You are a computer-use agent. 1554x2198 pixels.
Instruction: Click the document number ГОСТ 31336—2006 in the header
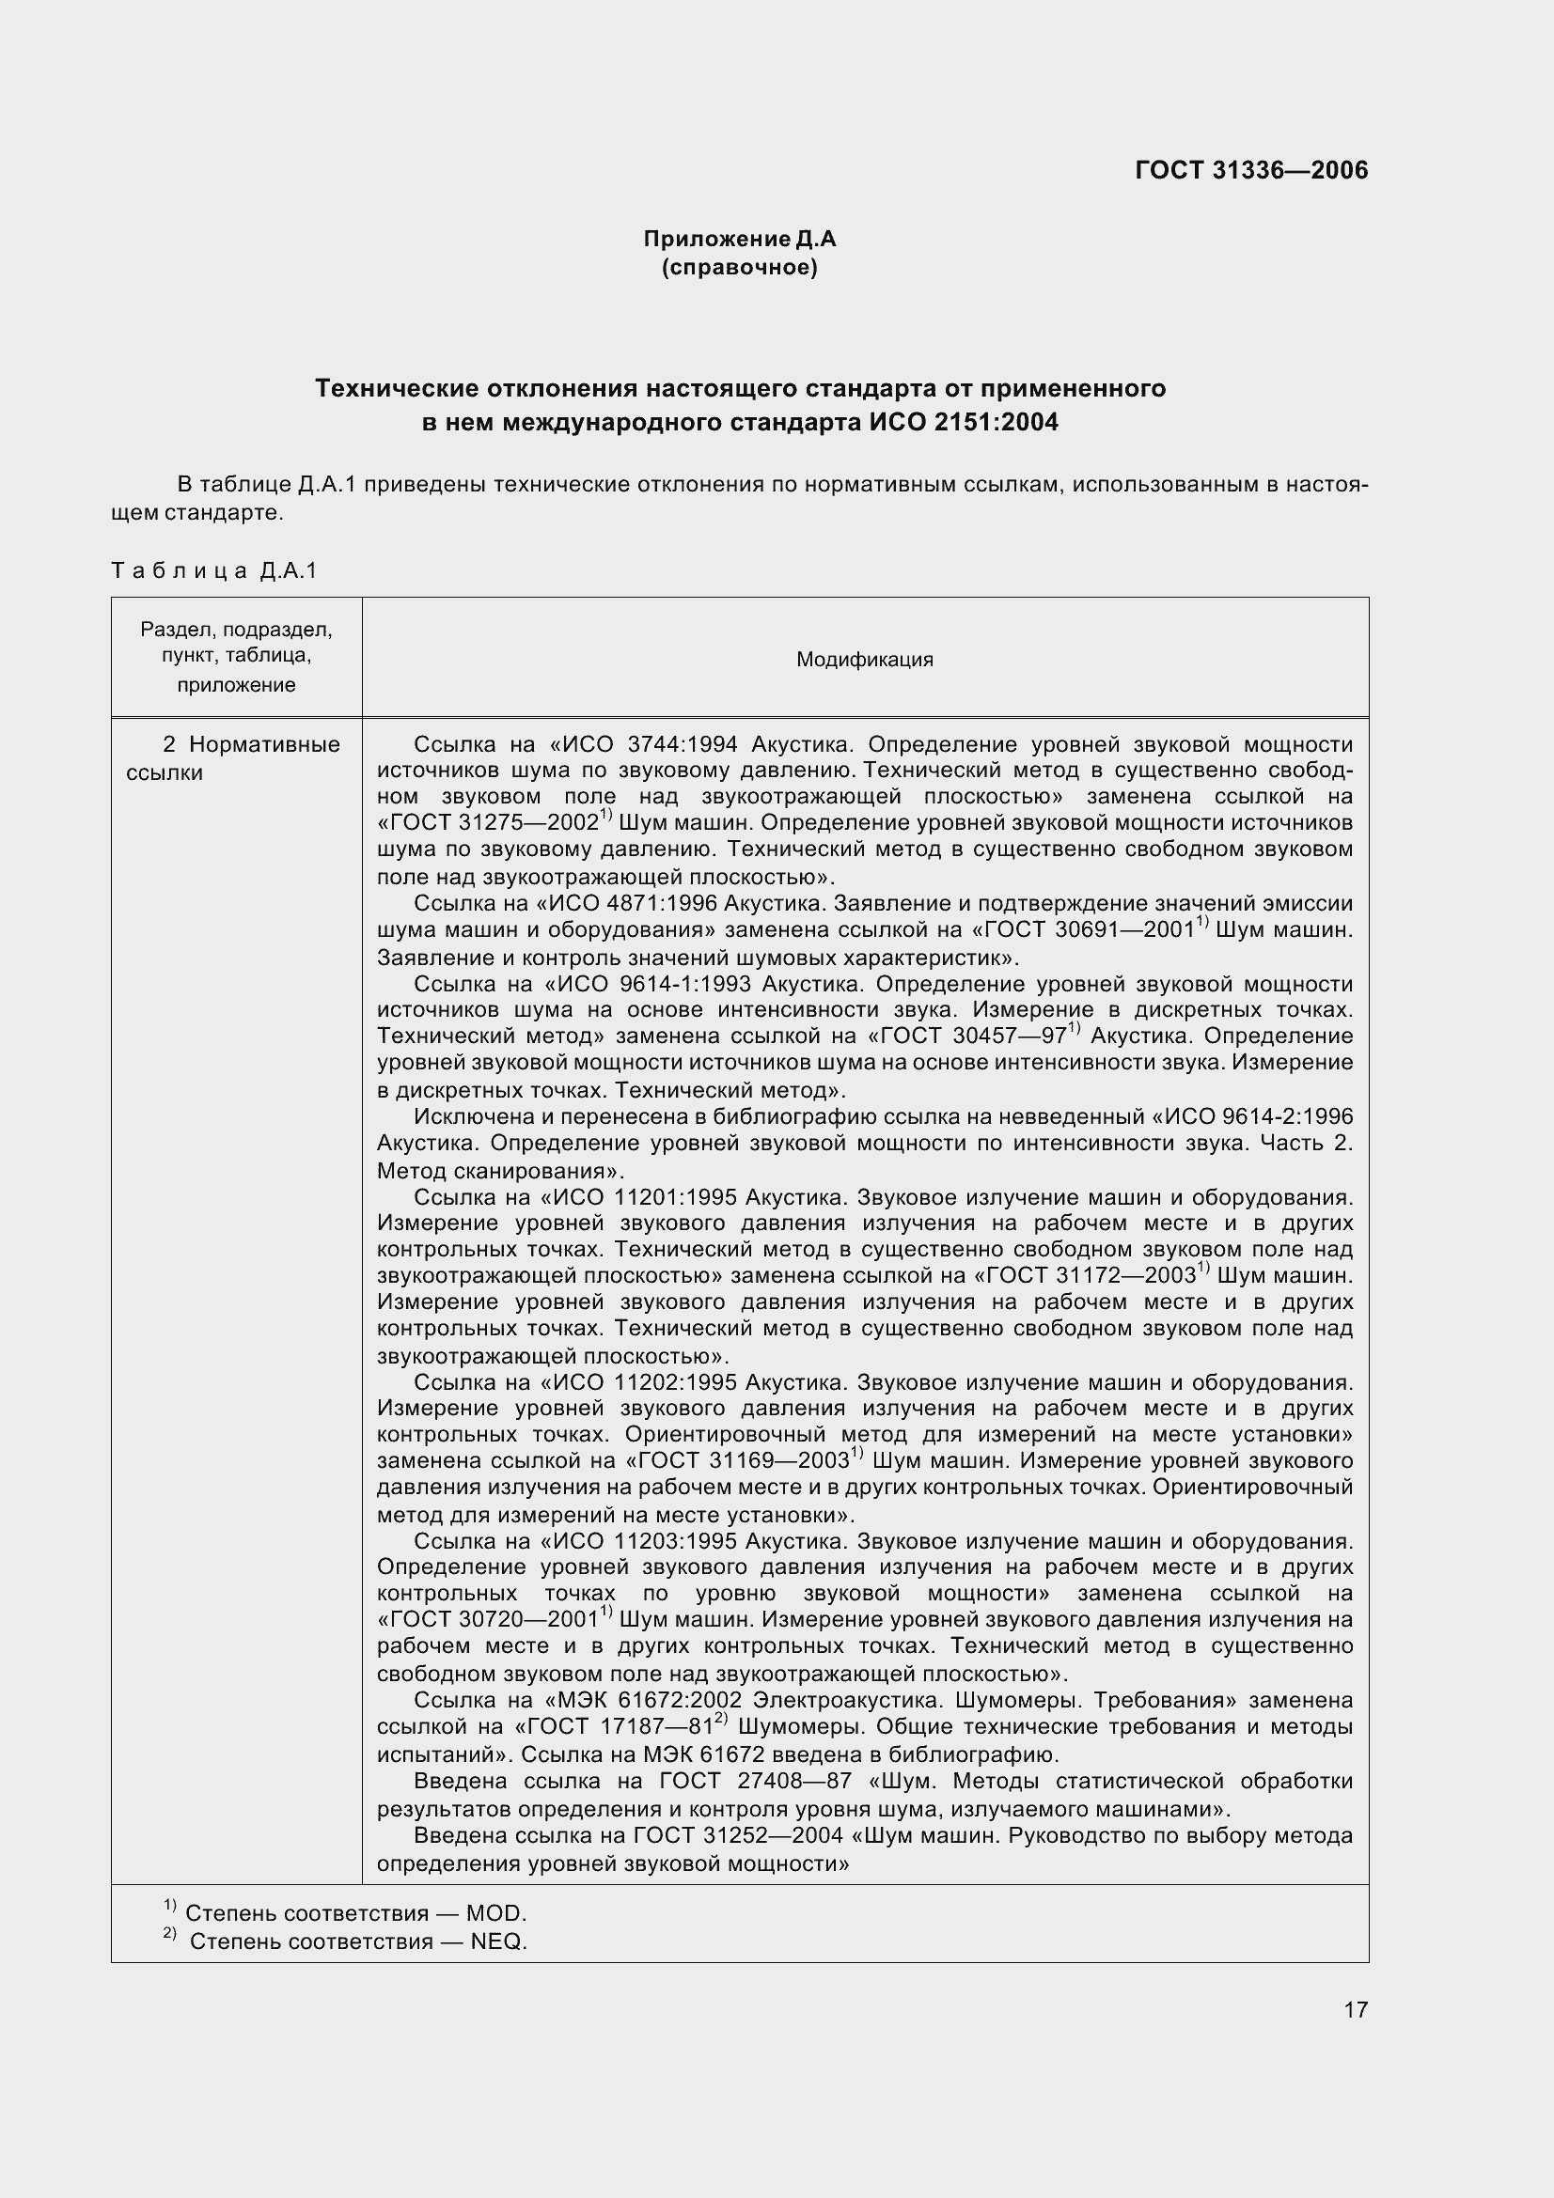tap(1250, 170)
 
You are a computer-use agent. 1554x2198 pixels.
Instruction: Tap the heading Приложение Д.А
tap(739, 239)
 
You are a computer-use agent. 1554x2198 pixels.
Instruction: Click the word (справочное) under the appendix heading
tap(739, 267)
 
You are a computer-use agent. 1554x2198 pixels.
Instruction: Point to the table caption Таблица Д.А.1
tap(213, 571)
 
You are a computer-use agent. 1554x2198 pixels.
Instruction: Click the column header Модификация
tap(864, 660)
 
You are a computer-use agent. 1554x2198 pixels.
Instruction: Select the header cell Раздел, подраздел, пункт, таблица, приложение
tap(237, 657)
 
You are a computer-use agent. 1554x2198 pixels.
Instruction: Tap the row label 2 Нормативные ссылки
tap(236, 758)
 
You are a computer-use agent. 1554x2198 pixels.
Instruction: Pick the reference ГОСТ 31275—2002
tap(488, 823)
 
